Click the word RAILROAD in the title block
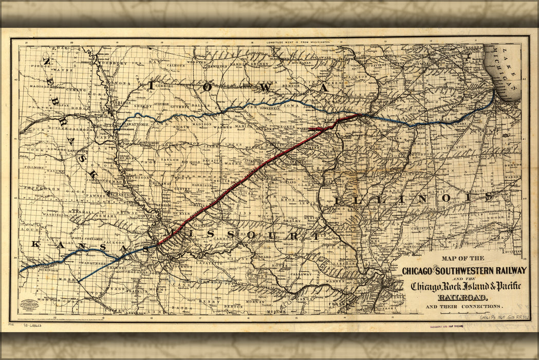463,297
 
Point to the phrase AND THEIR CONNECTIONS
463,307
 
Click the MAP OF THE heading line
462,258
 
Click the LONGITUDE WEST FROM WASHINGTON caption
298,41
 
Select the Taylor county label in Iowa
170,160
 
